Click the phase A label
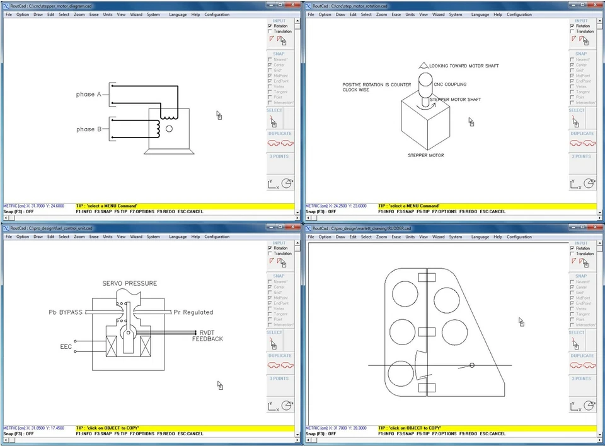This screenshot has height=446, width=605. (x=89, y=95)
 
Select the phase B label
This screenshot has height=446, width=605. (x=89, y=129)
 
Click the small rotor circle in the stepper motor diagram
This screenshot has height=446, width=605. (x=168, y=129)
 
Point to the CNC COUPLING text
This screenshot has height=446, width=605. (x=450, y=85)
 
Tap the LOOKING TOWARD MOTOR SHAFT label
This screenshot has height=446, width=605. (x=464, y=66)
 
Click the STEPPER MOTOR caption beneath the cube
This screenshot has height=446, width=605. (x=425, y=155)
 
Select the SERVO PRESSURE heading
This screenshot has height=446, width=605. (x=130, y=283)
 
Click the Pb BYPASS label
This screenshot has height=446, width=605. (x=66, y=312)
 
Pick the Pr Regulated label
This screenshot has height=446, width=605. (x=193, y=312)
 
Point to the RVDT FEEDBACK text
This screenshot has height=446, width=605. (x=208, y=336)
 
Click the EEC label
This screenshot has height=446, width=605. (x=66, y=347)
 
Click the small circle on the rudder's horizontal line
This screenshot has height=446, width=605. (x=472, y=365)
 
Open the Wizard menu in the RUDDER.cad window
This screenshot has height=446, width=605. (x=438, y=237)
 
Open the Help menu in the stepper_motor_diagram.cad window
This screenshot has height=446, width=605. (x=195, y=15)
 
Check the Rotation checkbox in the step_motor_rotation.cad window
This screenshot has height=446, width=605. (x=572, y=26)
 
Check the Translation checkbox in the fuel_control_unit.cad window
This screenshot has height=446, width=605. (x=270, y=254)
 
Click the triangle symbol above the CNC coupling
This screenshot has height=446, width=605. (x=423, y=65)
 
